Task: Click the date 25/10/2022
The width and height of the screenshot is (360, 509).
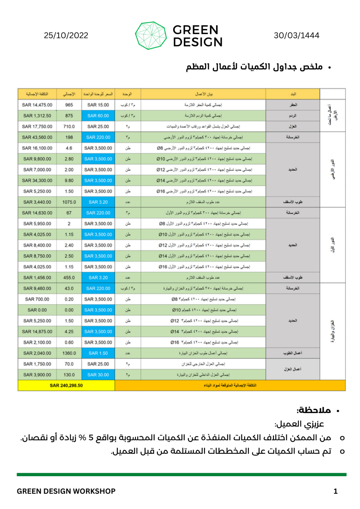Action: [x=66, y=35]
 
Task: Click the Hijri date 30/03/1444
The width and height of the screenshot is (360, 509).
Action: [x=296, y=35]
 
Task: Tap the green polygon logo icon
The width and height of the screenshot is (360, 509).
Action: [x=151, y=35]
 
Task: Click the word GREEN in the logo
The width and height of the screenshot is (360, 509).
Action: [x=195, y=30]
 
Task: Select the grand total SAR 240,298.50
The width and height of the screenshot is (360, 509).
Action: [x=66, y=385]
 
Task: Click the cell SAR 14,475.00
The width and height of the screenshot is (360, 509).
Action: [x=37, y=105]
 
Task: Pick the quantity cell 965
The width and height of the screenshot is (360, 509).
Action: [x=69, y=105]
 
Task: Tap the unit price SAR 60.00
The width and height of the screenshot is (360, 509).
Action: [x=98, y=116]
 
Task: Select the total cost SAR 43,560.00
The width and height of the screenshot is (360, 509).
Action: [x=37, y=137]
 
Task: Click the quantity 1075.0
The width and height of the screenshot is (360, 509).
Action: [x=69, y=202]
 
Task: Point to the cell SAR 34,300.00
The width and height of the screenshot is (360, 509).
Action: [x=37, y=180]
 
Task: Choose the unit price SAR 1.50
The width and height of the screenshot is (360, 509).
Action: [x=98, y=353]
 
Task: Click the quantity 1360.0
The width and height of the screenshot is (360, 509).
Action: [x=69, y=353]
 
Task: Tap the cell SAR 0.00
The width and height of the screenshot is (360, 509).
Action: [x=37, y=310]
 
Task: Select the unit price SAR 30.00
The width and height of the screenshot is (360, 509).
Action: [x=98, y=375]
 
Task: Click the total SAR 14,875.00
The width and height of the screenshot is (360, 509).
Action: [x=37, y=331]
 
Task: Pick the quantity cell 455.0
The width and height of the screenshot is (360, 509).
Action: [x=69, y=277]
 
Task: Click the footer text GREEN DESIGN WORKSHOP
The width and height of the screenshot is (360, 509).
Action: [x=66, y=491]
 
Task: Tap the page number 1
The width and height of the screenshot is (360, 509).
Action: [x=335, y=491]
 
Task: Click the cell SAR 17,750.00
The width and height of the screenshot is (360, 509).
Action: [x=37, y=127]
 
